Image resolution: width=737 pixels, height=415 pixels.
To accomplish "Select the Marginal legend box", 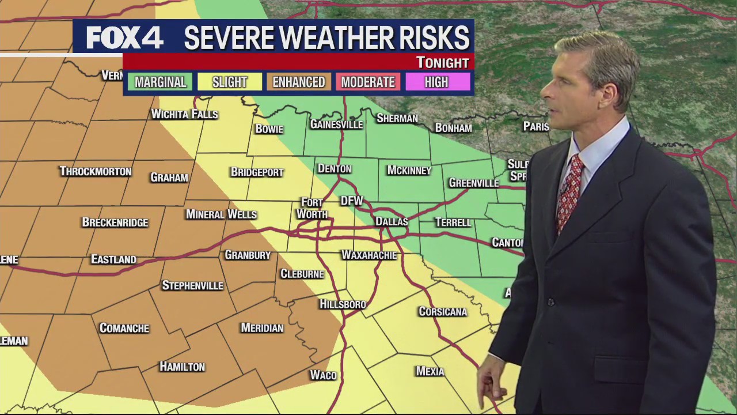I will click(x=160, y=82).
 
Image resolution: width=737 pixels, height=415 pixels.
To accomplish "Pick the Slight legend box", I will click(x=229, y=82).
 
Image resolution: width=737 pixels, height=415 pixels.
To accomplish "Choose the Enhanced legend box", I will click(x=298, y=82).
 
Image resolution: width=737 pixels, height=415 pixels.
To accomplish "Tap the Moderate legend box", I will click(x=368, y=82).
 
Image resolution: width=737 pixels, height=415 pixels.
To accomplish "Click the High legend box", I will click(x=436, y=82).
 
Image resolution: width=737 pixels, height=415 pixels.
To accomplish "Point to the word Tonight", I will click(x=442, y=62).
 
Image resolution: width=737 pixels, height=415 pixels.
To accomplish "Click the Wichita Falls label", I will click(x=184, y=114).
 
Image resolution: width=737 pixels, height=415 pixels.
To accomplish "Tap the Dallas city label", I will click(x=392, y=221).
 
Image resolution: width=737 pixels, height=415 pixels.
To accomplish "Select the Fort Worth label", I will click(x=312, y=208).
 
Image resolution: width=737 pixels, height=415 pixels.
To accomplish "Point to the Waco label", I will click(x=323, y=375).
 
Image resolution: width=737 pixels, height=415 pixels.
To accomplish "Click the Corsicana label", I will click(x=442, y=312).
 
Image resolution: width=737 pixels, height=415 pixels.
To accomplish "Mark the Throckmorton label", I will click(x=96, y=171).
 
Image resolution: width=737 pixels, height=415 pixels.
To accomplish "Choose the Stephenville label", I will click(x=192, y=285).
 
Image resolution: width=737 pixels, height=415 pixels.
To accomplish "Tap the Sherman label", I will click(x=397, y=118).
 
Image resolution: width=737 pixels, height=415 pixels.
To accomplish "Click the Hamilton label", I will click(x=182, y=367).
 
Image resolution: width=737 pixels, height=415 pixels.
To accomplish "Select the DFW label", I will click(x=351, y=201).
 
